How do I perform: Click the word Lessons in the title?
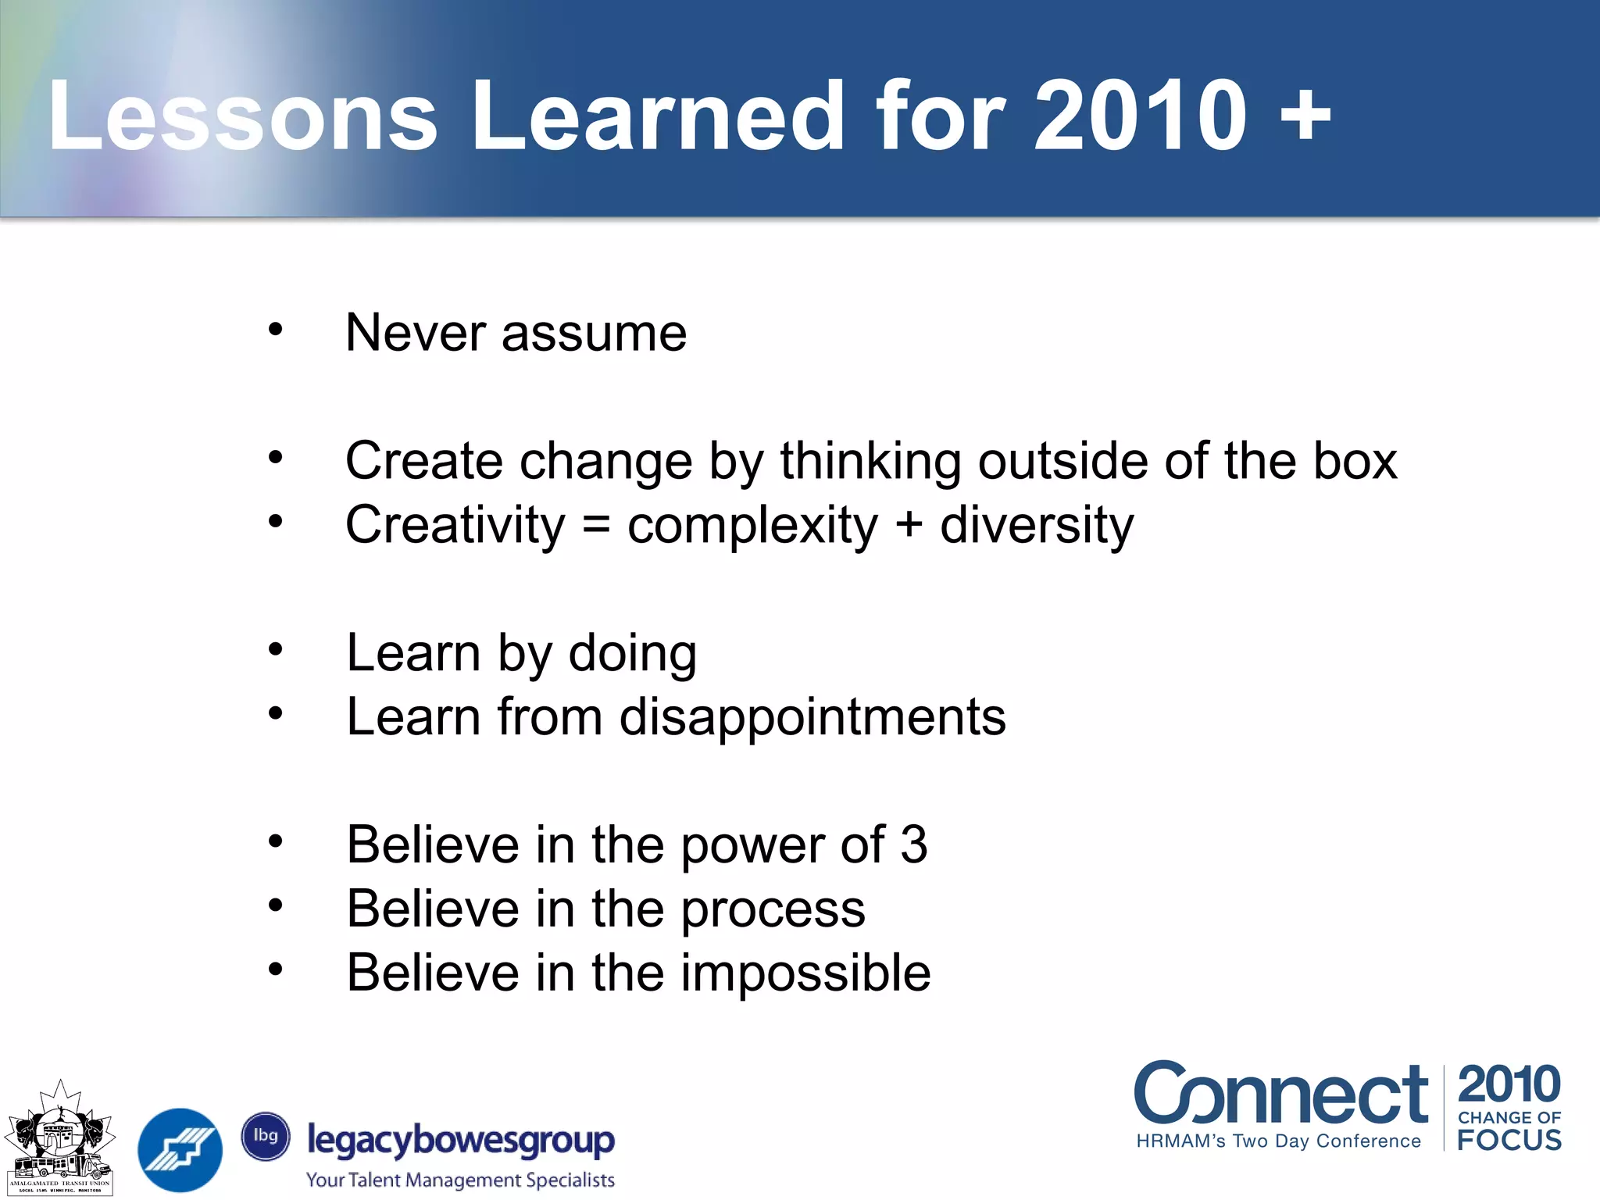click(x=242, y=117)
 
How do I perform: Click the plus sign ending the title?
click(x=1305, y=117)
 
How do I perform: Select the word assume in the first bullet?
click(x=594, y=334)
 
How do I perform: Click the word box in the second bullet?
click(x=1355, y=461)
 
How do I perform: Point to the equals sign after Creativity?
click(x=596, y=526)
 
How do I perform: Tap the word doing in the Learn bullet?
click(x=632, y=654)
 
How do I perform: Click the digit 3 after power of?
click(x=913, y=845)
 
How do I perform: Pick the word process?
click(x=773, y=910)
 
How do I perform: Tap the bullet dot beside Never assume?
click(x=275, y=329)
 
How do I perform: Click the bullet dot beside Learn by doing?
click(x=275, y=648)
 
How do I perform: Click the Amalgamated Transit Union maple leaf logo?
click(x=60, y=1137)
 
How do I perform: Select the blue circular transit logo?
click(x=180, y=1150)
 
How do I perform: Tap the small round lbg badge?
click(x=266, y=1136)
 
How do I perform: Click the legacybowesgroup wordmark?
click(x=461, y=1141)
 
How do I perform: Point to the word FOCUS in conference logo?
click(x=1509, y=1140)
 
